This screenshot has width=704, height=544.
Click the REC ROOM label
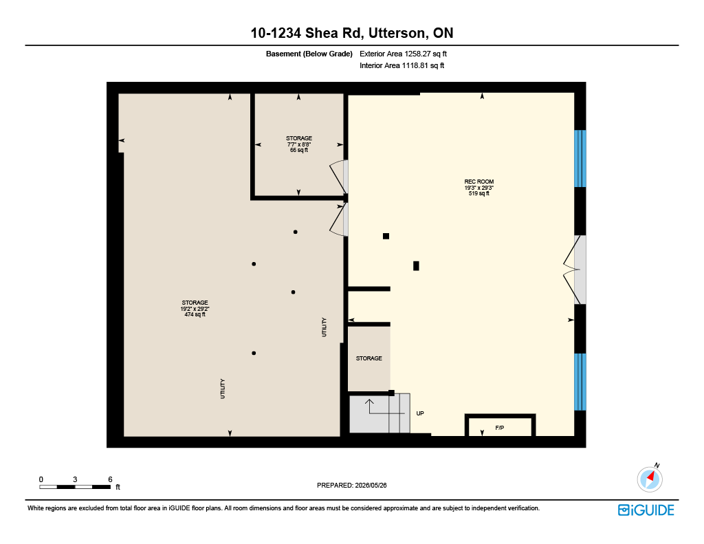point(478,182)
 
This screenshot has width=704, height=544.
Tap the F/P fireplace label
point(499,428)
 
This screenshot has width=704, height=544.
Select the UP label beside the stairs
point(420,413)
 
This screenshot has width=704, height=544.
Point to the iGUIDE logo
point(646,510)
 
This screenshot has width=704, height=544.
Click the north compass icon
point(649,479)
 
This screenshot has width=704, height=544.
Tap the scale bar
point(75,487)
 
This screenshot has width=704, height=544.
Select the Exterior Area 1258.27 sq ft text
point(403,54)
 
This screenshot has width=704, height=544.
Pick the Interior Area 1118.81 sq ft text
point(401,65)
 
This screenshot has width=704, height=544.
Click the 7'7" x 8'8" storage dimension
point(299,144)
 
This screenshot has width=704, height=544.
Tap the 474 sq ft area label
point(195,314)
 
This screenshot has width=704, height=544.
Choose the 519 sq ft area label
point(478,193)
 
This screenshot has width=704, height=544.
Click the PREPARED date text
point(351,485)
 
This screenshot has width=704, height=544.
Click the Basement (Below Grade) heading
point(309,54)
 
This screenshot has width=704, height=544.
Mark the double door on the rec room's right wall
point(575,270)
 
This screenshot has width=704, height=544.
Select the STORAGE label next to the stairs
point(368,358)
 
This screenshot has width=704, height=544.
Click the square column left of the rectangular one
point(386,237)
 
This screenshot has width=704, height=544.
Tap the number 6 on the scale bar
point(110,479)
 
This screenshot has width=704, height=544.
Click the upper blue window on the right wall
point(580,159)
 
